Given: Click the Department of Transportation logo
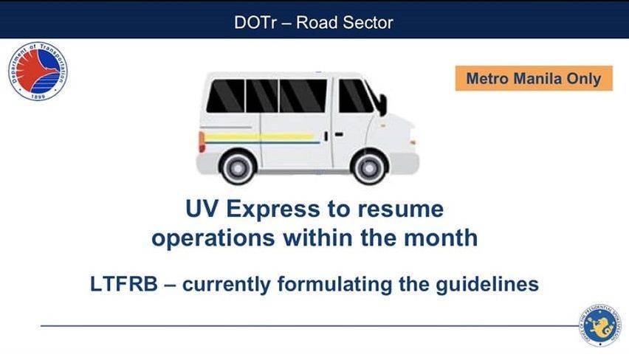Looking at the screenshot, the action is (38, 72).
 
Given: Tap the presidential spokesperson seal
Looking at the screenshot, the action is (599, 325).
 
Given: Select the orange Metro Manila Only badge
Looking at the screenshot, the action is (534, 79).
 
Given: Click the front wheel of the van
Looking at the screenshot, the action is (368, 167).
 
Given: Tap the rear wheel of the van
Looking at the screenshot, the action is (238, 167).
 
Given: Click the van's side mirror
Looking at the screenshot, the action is (382, 104).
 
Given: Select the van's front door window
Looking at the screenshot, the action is (355, 96).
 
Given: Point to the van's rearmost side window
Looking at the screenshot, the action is (225, 96).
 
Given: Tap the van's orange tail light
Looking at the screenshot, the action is (202, 142).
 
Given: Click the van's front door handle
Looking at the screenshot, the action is (339, 134).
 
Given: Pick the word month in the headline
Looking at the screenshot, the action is (441, 238).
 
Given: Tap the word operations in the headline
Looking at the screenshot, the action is (213, 238).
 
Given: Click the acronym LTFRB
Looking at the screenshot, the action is (124, 284).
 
